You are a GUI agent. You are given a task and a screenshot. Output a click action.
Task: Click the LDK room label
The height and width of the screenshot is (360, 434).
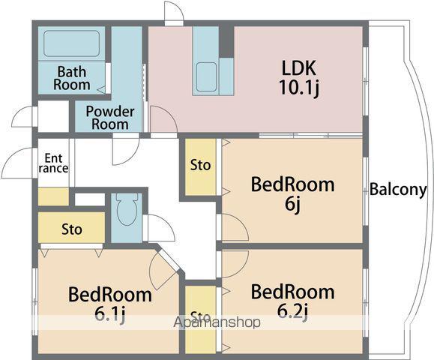pyautogui.click(x=299, y=67)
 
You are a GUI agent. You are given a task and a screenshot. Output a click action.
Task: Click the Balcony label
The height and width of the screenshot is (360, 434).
pyautogui.click(x=398, y=190)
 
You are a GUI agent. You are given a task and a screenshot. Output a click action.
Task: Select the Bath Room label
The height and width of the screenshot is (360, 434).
pyautogui.click(x=72, y=78)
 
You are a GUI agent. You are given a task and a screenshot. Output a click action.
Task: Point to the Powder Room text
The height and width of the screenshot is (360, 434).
pyautogui.click(x=110, y=118)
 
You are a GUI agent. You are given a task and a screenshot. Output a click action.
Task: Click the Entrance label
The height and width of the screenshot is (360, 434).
pyautogui.click(x=53, y=163)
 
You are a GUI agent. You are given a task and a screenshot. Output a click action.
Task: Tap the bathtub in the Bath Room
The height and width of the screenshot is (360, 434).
pyautogui.click(x=71, y=43)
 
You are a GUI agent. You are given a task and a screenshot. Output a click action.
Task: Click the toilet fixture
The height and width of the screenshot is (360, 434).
pyautogui.click(x=127, y=210)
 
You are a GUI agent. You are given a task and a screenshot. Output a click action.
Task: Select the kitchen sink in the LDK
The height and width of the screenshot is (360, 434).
pyautogui.click(x=206, y=76)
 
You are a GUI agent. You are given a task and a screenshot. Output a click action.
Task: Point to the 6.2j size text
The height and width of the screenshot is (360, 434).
pyautogui.click(x=292, y=312)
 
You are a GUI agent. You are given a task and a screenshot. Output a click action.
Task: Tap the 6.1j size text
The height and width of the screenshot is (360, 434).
pyautogui.click(x=110, y=314)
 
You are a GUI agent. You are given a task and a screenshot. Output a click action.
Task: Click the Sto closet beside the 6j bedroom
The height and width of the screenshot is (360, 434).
pyautogui.click(x=200, y=166)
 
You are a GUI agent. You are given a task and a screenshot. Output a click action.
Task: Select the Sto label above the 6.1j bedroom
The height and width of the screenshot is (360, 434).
pyautogui.click(x=72, y=229)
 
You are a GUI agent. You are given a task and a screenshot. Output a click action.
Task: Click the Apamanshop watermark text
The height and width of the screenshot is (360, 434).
pyautogui.click(x=217, y=322)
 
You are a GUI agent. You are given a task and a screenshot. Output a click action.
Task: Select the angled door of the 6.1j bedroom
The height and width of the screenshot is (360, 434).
pyautogui.click(x=168, y=259)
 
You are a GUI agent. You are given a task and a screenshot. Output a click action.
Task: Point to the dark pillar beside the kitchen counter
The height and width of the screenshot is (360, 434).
pyautogui.click(x=226, y=41)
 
